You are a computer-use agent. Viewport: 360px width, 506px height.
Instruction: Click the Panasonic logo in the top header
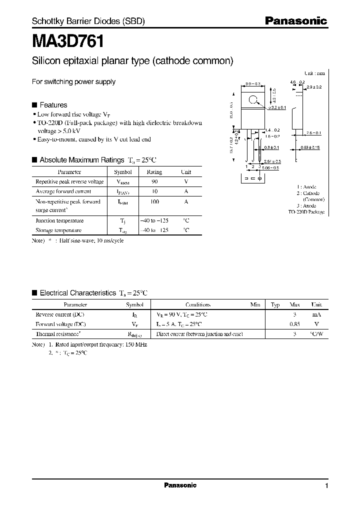295,21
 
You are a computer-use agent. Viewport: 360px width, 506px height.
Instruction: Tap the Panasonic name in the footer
180,485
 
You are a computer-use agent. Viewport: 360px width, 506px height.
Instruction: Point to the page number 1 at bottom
326,486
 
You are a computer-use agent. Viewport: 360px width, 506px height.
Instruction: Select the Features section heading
53,105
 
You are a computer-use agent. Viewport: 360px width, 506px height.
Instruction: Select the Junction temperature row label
59,220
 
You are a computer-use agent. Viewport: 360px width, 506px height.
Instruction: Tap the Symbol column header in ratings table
123,172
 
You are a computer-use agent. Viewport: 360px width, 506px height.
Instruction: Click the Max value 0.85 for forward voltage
295,324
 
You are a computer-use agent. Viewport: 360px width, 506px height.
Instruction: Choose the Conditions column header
198,304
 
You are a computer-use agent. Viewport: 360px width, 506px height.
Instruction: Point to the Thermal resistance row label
58,333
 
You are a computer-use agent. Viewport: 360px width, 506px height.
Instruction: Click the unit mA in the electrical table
316,314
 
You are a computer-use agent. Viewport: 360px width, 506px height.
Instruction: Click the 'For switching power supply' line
73,81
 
